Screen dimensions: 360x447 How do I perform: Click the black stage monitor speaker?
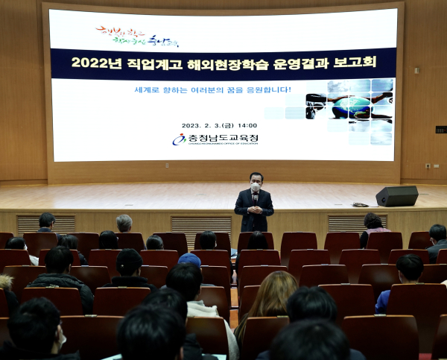click(396, 196)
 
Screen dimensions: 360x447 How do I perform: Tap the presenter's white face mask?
click(256, 187)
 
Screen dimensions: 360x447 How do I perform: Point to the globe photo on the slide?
click(349, 107)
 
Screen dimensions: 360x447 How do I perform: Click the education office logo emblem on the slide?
click(180, 139)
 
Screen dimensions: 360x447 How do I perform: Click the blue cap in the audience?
click(190, 259)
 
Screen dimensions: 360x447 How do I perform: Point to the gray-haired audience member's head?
click(124, 223)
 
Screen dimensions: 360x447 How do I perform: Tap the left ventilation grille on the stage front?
click(45, 222)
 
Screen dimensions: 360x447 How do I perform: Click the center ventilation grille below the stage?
click(200, 224)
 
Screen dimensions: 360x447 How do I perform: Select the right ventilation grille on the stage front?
click(346, 222)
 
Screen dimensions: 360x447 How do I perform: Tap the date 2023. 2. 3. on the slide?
click(206, 125)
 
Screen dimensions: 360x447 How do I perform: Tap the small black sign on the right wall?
click(440, 129)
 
